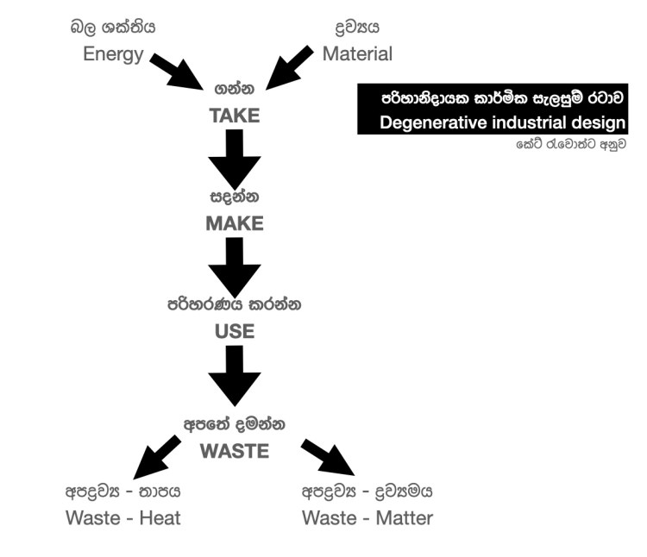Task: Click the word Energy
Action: (x=112, y=53)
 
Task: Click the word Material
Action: (x=357, y=53)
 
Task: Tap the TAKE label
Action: (x=234, y=116)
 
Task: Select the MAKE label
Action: (x=234, y=223)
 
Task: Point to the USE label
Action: (x=234, y=331)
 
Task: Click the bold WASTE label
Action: (x=234, y=451)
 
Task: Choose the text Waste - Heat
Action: (x=123, y=518)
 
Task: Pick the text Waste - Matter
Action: (x=367, y=518)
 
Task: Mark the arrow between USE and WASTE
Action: (x=234, y=375)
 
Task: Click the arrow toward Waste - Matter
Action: (x=327, y=458)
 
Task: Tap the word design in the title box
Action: (x=599, y=122)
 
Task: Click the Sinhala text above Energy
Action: (x=113, y=27)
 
